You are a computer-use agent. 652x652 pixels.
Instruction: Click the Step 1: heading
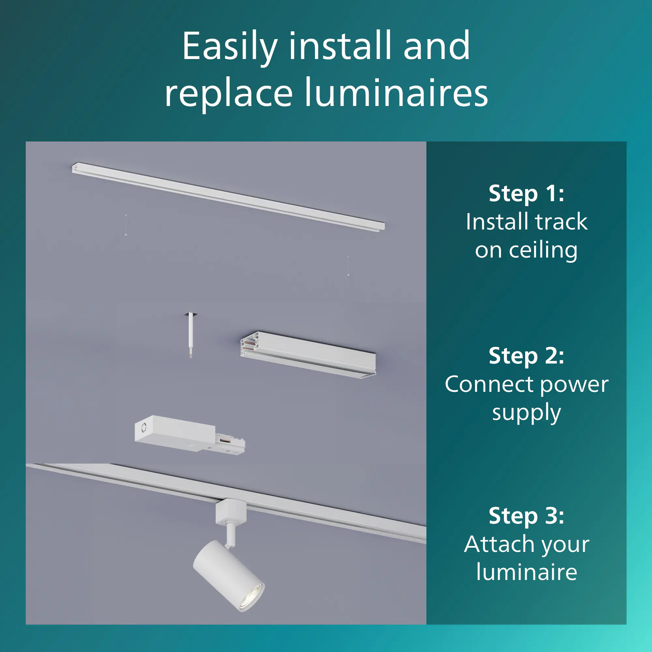click(x=526, y=194)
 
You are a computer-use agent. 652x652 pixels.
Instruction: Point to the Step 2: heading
click(x=526, y=356)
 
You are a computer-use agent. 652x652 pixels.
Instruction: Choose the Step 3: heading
click(x=526, y=516)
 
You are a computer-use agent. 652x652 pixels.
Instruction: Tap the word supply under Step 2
click(x=526, y=413)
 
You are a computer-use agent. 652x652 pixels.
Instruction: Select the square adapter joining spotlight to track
click(x=231, y=511)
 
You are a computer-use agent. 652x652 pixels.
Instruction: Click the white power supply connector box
click(x=189, y=435)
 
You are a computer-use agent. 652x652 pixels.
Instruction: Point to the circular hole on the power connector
click(x=144, y=428)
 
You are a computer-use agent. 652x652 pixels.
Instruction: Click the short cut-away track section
click(x=308, y=355)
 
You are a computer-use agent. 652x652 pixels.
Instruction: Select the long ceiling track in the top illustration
click(x=229, y=197)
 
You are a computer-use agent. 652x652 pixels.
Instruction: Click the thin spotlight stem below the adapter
click(x=231, y=534)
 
